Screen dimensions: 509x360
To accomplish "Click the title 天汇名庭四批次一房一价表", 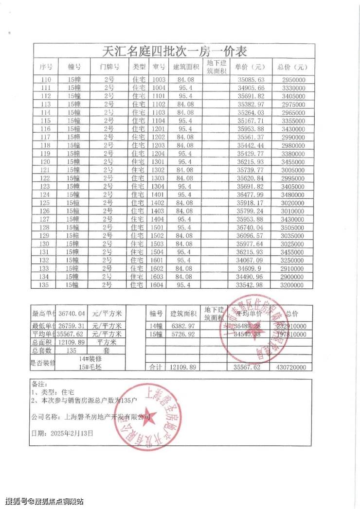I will coord(172,51).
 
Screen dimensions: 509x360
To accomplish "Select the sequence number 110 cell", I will coord(46,80).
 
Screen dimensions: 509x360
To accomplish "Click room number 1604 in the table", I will coord(159,284).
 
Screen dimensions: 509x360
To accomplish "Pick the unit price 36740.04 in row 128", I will coord(250,227).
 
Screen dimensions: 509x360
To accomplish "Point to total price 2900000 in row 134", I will coord(293,276).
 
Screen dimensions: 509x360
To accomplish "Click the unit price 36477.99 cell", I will coord(250,194).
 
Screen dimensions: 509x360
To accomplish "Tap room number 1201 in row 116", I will coord(159,129).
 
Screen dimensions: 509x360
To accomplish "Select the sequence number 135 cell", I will coord(46,284).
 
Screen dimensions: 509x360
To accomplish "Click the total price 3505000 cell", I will coord(293,227).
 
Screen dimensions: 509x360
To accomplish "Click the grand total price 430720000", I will coord(293,368).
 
